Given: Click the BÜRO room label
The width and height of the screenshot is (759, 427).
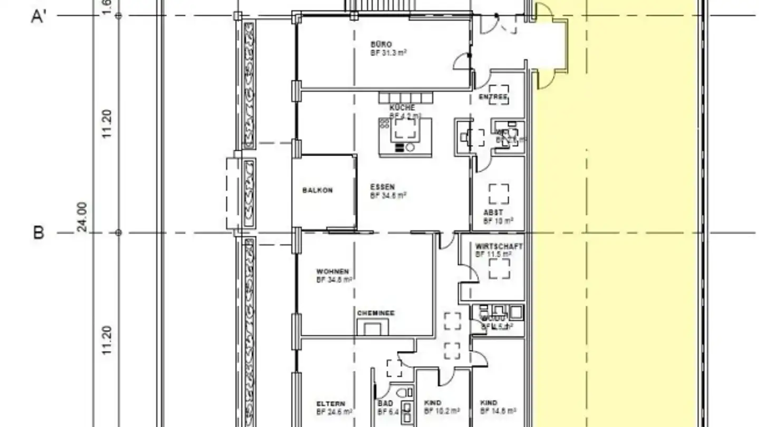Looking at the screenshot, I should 381,44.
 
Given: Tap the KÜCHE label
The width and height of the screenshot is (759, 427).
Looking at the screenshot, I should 402,108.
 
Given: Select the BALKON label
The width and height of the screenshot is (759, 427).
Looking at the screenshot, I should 317,190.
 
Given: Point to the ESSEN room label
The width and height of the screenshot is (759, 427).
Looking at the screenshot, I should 382,187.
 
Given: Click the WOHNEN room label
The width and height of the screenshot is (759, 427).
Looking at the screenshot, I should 332,272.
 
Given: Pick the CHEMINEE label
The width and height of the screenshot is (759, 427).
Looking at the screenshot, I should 376,313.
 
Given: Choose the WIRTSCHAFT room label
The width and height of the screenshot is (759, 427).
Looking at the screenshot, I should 499,246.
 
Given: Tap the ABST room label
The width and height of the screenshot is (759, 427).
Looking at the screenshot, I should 493,213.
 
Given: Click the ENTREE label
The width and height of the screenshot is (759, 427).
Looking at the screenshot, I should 493,97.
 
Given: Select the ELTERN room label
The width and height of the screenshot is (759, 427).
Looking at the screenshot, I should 331,403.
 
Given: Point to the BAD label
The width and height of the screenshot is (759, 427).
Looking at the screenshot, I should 385,403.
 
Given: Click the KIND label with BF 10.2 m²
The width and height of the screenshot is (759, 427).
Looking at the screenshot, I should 433,403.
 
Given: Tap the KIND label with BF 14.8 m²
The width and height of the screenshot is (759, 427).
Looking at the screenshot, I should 489,403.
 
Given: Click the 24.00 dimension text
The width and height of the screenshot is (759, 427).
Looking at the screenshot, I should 82,217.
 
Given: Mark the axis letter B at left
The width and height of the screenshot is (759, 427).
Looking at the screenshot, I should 38,232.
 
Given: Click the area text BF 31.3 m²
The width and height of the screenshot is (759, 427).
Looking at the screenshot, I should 388,52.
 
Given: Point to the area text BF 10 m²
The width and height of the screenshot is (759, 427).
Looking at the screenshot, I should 498,221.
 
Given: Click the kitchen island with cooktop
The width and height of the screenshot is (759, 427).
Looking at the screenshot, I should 405,137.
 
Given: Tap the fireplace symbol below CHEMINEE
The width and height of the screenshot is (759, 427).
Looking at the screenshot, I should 373,327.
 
